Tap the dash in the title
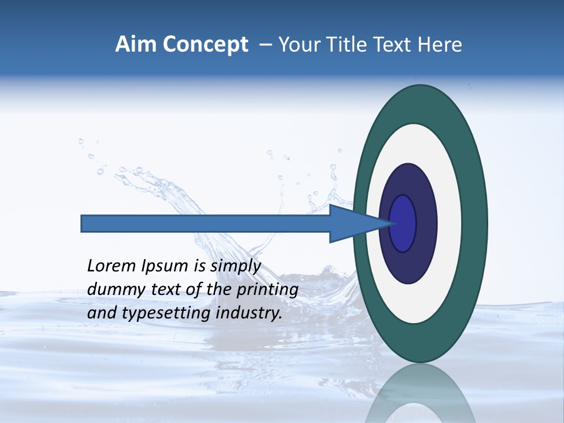click(265, 45)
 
